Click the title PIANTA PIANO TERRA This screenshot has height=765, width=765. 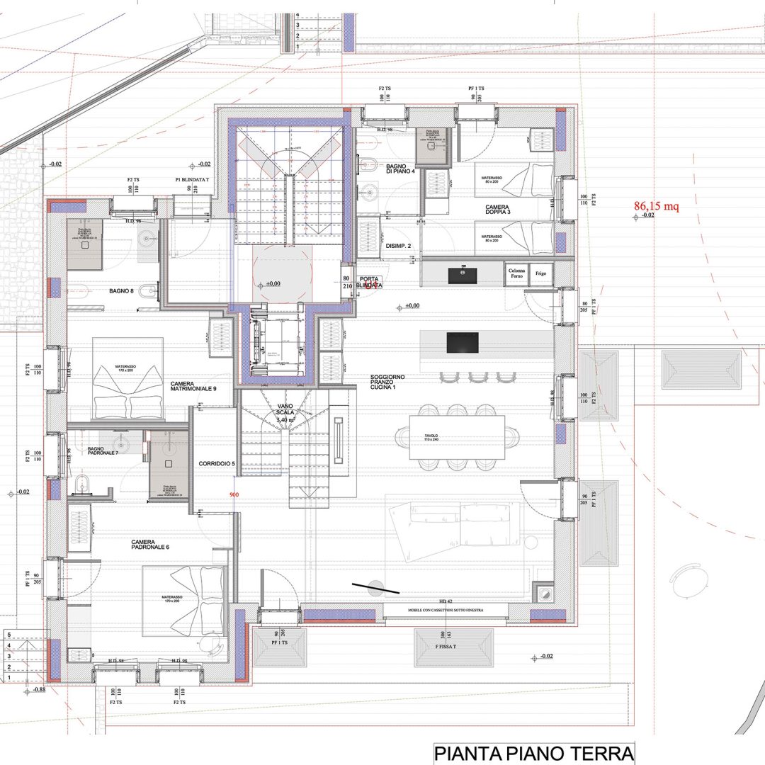click(533, 752)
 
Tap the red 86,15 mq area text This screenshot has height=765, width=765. click(656, 206)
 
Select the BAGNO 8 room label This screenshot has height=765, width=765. click(121, 290)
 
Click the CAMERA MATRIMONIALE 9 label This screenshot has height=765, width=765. click(193, 386)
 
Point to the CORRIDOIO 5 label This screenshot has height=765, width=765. click(217, 463)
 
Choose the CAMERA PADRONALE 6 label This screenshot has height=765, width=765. click(150, 545)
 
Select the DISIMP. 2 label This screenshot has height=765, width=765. click(398, 246)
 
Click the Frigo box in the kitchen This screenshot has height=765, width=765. click(541, 273)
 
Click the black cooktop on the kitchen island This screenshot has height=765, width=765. click(462, 343)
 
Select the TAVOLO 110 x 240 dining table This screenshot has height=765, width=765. click(457, 438)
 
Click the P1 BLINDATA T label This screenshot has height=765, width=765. click(192, 181)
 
